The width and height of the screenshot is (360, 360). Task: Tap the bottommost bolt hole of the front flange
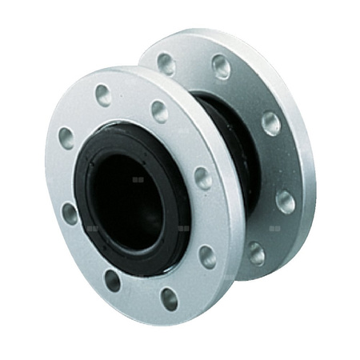[x=169, y=298]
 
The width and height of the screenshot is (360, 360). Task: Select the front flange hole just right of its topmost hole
[x=160, y=111]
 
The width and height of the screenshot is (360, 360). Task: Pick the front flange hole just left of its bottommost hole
[x=112, y=280]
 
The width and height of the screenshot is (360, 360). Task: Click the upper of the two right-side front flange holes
[x=203, y=178]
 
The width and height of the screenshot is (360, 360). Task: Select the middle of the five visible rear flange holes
[x=267, y=122]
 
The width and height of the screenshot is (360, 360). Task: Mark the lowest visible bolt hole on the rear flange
[x=256, y=254]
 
